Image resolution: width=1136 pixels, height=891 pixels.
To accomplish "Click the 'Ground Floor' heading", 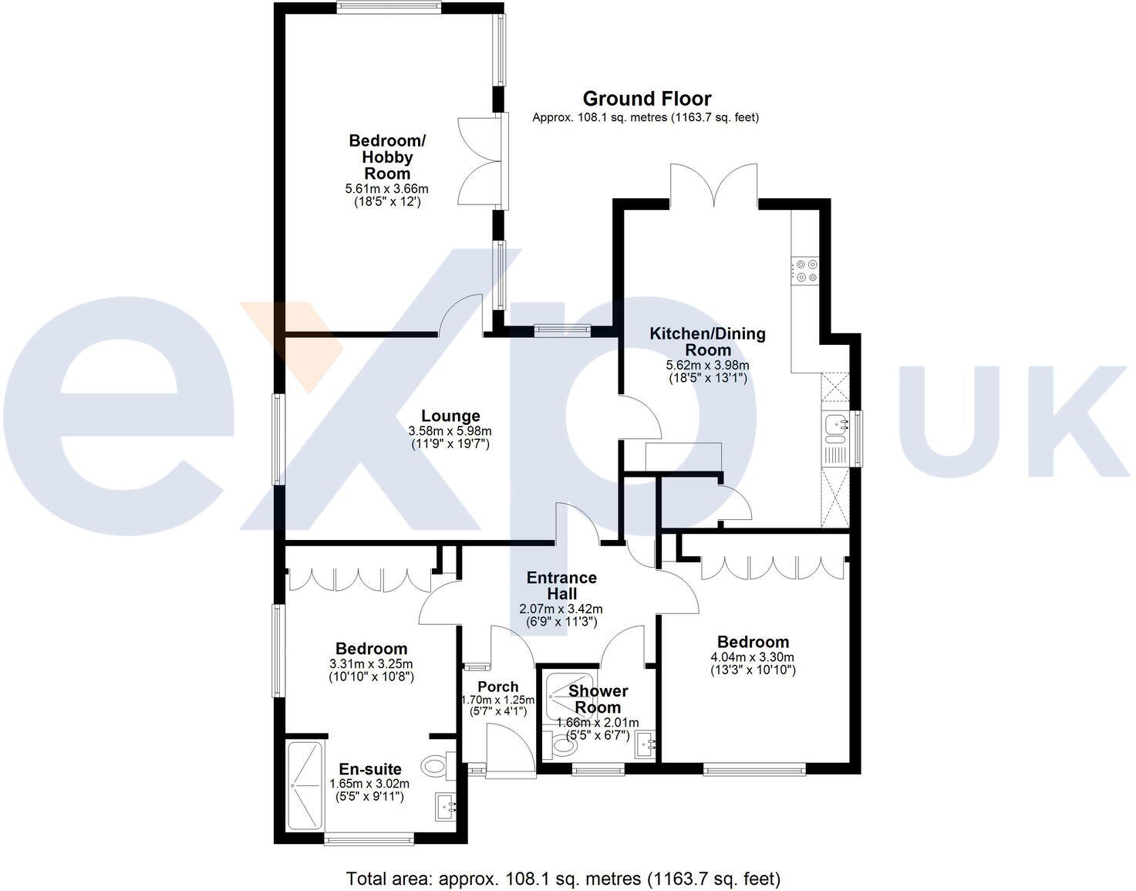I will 646,99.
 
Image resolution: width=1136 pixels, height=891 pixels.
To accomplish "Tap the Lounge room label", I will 450,417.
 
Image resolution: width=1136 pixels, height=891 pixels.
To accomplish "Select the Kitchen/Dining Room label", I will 707,342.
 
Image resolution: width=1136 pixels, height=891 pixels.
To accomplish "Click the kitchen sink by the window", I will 834,426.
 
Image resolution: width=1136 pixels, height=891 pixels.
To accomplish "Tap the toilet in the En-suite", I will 437,765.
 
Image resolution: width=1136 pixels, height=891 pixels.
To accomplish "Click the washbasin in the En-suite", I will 447,806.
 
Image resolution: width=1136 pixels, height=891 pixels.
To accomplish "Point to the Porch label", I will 498,687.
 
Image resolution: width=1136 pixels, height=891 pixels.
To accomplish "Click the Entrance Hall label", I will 561,586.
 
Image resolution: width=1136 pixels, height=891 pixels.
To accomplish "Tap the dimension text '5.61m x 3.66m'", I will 387,189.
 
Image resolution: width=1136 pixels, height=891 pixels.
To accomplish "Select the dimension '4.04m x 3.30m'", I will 753,657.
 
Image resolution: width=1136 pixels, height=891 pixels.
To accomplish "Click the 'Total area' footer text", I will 563,878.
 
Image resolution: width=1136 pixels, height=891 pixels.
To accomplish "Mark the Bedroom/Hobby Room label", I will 387,157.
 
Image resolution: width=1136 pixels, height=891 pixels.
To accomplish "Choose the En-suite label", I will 370,769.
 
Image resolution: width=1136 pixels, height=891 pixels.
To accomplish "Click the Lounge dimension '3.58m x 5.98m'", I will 450,431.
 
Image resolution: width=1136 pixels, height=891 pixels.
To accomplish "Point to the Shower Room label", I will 598,699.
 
